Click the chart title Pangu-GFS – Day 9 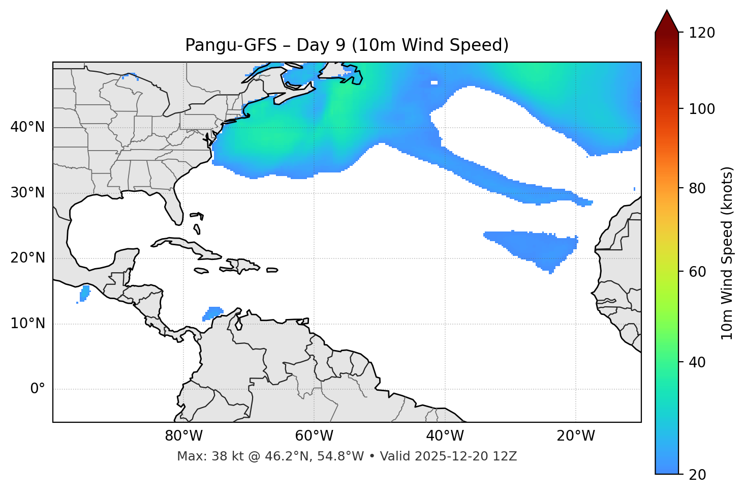(x=347, y=45)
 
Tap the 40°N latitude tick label (x=27, y=127)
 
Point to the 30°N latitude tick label (x=27, y=193)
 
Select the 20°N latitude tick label (x=27, y=258)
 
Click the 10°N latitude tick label (x=27, y=324)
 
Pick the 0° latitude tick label (x=38, y=389)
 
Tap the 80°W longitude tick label (x=183, y=436)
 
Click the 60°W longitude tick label (x=314, y=436)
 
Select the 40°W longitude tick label (x=445, y=436)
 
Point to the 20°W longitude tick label (x=575, y=436)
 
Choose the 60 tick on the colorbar (x=698, y=272)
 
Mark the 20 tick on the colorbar (x=698, y=475)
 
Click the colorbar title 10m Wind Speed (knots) (x=727, y=253)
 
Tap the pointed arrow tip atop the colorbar (x=667, y=11)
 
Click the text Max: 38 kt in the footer (x=200, y=456)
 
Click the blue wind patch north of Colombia (x=213, y=312)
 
